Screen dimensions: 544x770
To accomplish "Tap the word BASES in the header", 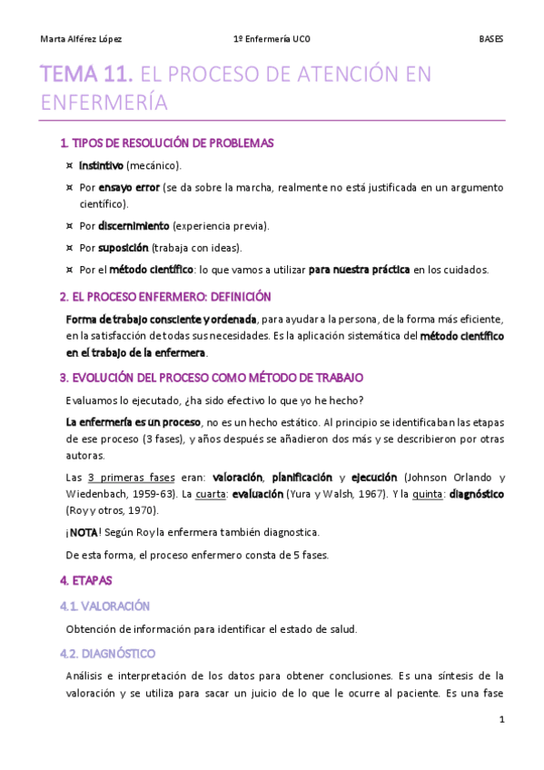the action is pyautogui.click(x=490, y=39).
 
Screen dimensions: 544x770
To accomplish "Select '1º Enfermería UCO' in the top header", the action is pyautogui.click(x=272, y=39).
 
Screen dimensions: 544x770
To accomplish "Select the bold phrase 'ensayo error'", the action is pyautogui.click(x=129, y=188).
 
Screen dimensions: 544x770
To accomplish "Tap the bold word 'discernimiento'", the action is pyautogui.click(x=134, y=225).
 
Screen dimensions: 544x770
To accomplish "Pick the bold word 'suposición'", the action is pyautogui.click(x=124, y=247).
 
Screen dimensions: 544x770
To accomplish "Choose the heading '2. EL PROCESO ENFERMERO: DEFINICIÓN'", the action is pyautogui.click(x=165, y=297).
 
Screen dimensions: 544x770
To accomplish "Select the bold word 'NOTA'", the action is pyautogui.click(x=84, y=533).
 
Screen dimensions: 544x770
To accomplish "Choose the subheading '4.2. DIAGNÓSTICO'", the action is pyautogui.click(x=107, y=653).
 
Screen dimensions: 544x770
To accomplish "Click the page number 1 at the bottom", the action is pyautogui.click(x=501, y=720).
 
